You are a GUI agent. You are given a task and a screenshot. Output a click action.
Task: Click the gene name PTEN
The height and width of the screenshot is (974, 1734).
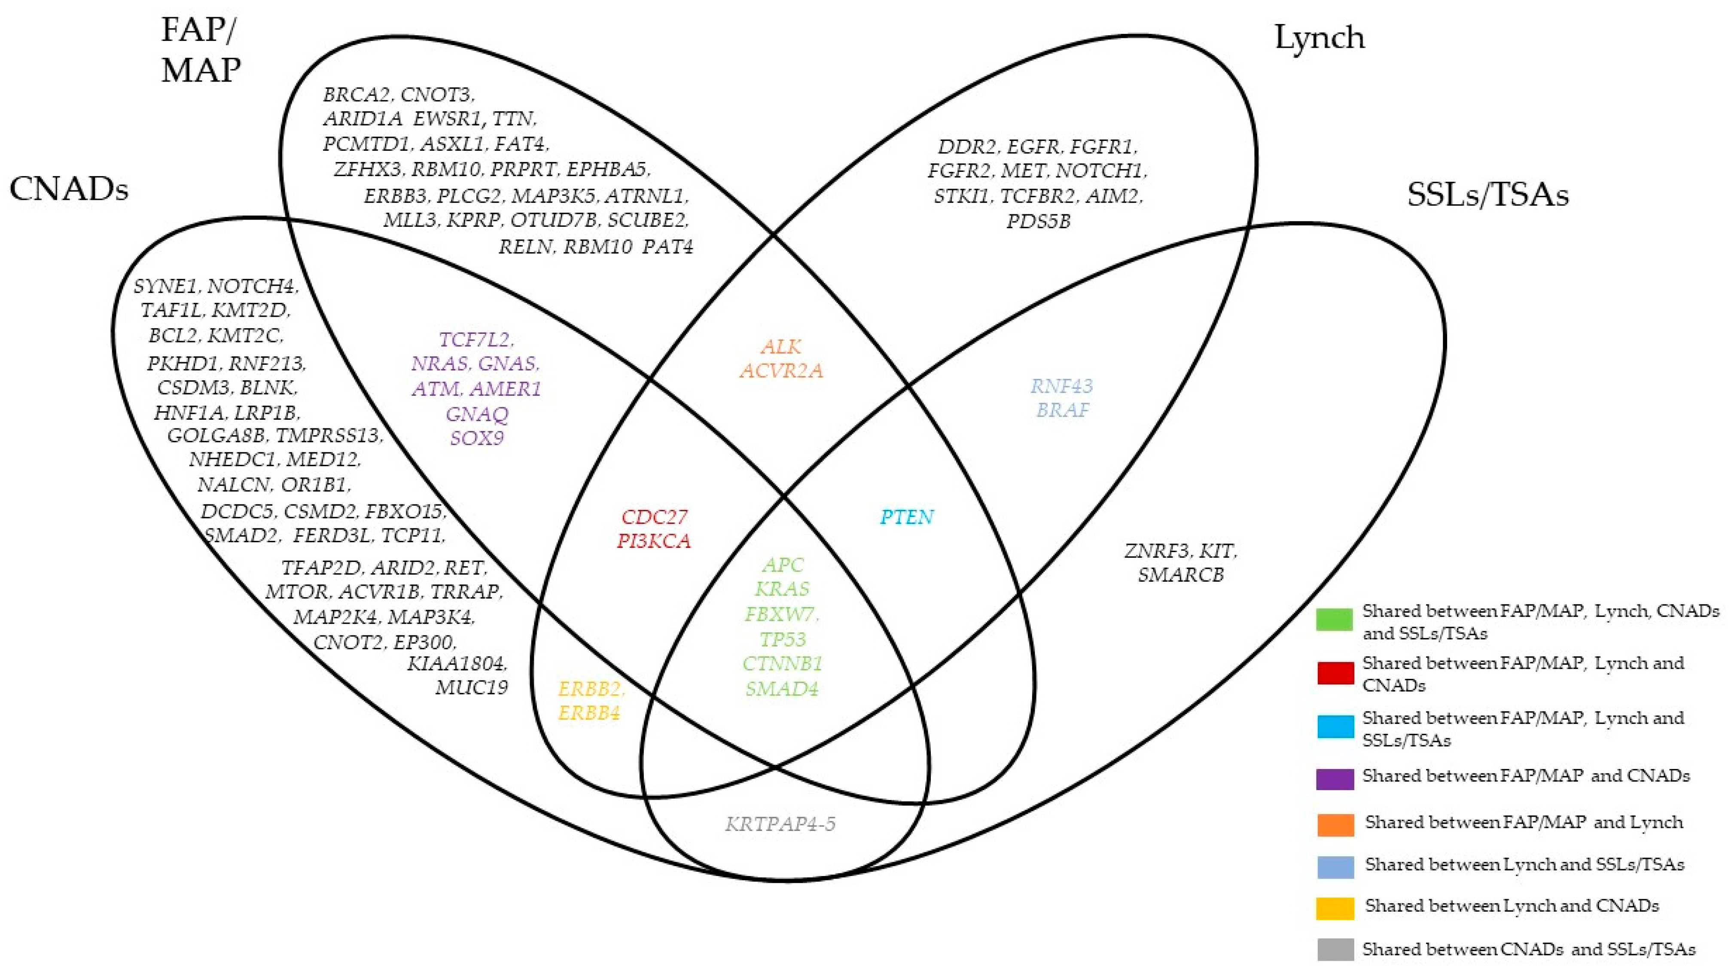[907, 517]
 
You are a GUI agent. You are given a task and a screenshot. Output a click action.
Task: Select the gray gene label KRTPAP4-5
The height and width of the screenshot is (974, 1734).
[780, 824]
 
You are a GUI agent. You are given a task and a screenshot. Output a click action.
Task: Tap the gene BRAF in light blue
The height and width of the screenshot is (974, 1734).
[1062, 410]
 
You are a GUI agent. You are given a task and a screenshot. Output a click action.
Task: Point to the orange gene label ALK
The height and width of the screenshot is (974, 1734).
[781, 347]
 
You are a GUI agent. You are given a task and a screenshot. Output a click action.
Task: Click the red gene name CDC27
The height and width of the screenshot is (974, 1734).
[654, 517]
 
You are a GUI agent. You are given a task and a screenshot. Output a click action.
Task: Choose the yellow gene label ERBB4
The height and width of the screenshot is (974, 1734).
[589, 713]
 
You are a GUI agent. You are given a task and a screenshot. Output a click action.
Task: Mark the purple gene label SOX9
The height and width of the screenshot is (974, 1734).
[477, 438]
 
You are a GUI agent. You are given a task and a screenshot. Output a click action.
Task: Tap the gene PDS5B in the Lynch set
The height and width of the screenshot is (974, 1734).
[1038, 221]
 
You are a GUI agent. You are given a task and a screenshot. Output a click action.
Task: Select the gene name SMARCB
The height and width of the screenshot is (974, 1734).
[1181, 575]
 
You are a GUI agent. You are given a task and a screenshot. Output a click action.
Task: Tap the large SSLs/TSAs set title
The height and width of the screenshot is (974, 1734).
[1487, 195]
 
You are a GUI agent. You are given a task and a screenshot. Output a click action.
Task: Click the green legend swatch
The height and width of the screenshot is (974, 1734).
[1334, 619]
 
